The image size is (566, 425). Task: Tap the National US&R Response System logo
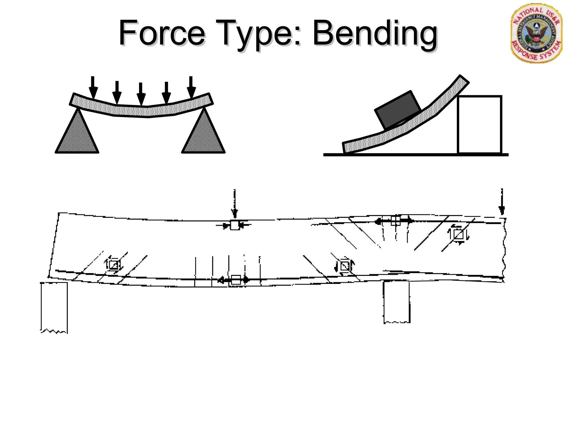536,33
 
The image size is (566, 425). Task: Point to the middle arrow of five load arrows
141,94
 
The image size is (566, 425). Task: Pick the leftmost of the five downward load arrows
93,87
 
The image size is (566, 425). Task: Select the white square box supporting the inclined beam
479,125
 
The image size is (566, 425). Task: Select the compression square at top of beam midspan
235,225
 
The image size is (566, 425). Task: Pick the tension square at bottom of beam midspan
236,280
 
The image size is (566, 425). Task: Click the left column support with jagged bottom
54,307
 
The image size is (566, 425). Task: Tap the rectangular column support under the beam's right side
397,302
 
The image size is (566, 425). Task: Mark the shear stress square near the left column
114,265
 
